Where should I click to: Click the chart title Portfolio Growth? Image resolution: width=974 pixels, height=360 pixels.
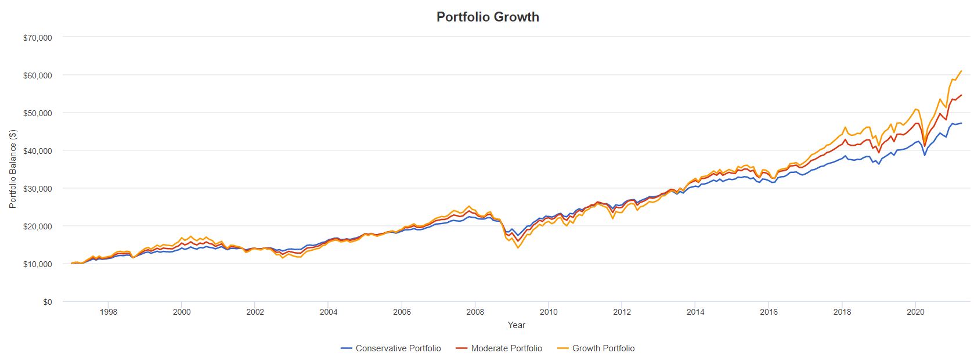488,17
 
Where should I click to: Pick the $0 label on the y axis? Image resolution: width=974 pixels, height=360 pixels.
46,302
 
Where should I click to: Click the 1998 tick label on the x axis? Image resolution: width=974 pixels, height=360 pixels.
109,312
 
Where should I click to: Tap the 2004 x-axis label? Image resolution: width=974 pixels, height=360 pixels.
328,312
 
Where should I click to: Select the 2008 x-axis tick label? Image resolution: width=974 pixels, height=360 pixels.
475,312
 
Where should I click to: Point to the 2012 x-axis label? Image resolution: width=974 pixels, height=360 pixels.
622,312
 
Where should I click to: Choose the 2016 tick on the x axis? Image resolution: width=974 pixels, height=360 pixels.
769,312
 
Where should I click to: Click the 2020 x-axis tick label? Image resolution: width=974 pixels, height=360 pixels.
915,312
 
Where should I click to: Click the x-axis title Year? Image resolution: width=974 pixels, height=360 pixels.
517,325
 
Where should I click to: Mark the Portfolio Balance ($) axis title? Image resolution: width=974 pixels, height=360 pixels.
13,170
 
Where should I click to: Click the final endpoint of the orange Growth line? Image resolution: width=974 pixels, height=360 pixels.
961,71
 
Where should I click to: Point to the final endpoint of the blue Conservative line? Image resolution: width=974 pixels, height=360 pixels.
961,139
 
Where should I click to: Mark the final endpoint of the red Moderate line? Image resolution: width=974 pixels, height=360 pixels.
961,95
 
